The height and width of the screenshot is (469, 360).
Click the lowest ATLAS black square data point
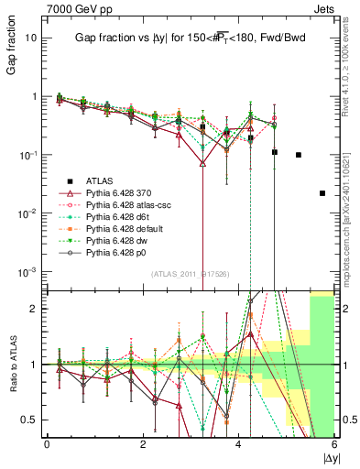coord(322,193)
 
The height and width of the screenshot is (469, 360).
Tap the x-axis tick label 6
coord(334,444)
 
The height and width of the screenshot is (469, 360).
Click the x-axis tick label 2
coord(143,444)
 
